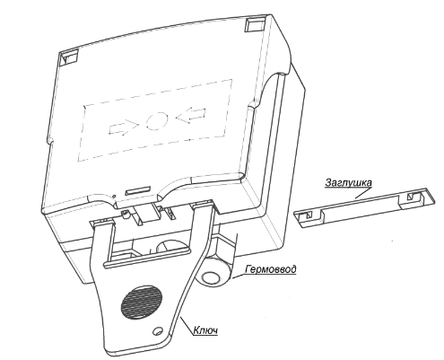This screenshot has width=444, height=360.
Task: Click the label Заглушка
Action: [348, 182]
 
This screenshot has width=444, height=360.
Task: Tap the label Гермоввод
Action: [271, 269]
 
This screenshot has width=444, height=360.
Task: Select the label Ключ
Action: [205, 330]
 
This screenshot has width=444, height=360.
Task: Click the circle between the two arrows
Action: [157, 120]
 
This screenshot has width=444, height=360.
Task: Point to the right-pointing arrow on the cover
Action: [123, 127]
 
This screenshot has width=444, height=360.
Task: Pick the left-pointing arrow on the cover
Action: [190, 115]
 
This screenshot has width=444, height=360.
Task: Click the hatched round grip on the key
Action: [142, 302]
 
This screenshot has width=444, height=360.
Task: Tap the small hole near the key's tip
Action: [157, 331]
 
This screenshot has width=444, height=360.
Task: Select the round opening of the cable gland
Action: [211, 277]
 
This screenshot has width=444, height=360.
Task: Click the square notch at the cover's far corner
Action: [256, 24]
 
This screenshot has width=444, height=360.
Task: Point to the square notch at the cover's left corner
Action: [68, 57]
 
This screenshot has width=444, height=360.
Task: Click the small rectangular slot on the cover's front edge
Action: [138, 190]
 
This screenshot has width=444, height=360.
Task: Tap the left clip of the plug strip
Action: [307, 215]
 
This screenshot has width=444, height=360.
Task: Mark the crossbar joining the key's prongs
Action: [146, 258]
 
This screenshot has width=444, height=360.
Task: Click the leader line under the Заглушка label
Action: [363, 193]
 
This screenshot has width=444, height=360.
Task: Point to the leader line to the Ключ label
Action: [186, 326]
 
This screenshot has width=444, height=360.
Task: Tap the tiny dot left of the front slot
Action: [114, 196]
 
